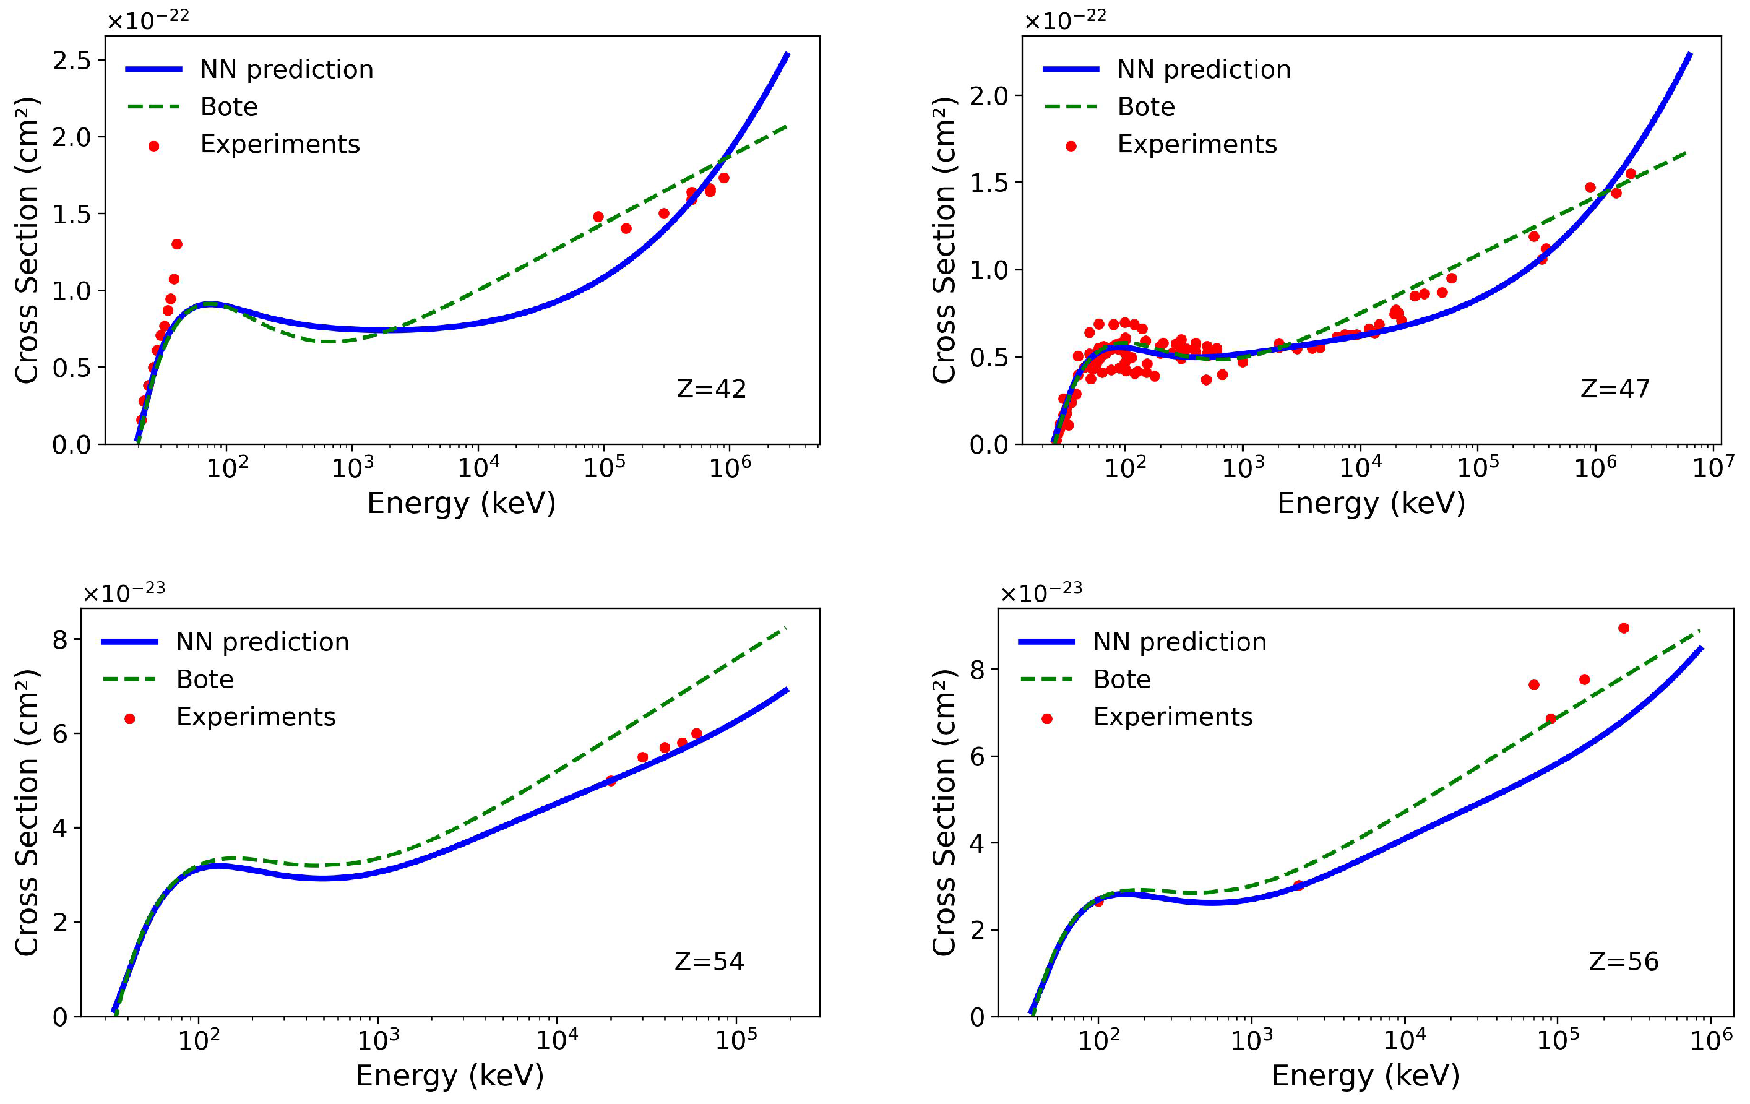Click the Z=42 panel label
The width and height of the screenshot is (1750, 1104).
(711, 390)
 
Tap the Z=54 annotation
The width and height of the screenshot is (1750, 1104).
(709, 962)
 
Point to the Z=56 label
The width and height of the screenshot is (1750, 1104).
(1624, 962)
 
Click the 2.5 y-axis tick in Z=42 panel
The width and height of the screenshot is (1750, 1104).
(72, 60)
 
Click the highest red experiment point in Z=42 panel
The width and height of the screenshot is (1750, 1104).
(176, 244)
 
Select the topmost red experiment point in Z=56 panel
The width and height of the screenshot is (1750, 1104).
(1624, 628)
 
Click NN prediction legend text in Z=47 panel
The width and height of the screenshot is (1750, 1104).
(1204, 70)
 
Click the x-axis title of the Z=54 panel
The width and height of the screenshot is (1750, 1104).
(449, 1075)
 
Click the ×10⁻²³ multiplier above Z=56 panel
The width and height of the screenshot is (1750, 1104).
(1041, 593)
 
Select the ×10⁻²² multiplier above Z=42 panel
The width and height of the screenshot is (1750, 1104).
(149, 20)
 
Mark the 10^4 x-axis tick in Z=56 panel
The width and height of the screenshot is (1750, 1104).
(1404, 1041)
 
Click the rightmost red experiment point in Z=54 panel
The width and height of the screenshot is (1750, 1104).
(696, 733)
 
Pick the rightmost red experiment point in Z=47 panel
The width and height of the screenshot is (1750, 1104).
(1630, 174)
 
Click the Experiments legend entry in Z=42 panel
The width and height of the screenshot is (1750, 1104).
(280, 145)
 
